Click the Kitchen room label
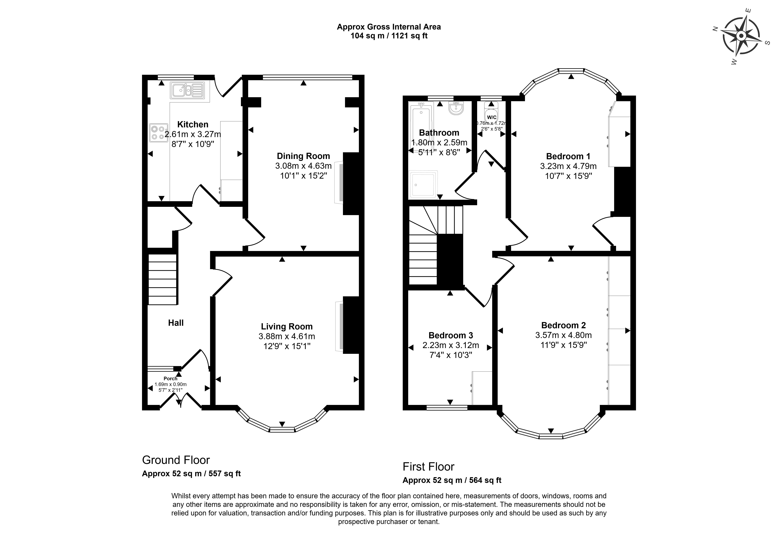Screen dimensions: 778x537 click(x=193, y=125)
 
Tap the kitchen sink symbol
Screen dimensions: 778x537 click(x=187, y=90)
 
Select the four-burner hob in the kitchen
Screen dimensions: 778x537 click(x=159, y=133)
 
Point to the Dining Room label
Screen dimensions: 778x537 click(x=303, y=156)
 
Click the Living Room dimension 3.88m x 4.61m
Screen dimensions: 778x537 click(x=287, y=336)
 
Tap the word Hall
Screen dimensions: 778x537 click(x=176, y=323)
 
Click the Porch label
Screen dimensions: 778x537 click(x=171, y=378)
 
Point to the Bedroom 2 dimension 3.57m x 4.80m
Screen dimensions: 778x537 click(x=563, y=335)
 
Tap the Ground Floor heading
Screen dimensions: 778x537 click(x=176, y=460)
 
